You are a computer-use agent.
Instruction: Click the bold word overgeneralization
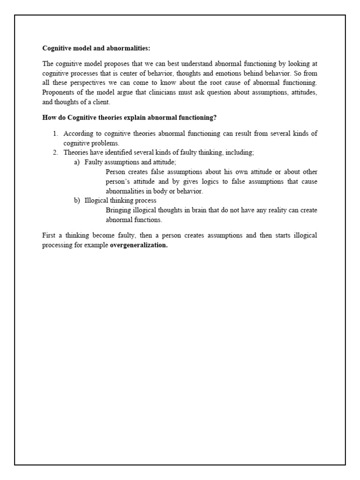pyautogui.click(x=138, y=245)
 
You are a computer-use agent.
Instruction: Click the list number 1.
pyautogui.click(x=55, y=134)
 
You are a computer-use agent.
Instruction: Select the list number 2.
pyautogui.click(x=55, y=153)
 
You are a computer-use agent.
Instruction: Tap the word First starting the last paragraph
pyautogui.click(x=49, y=235)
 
